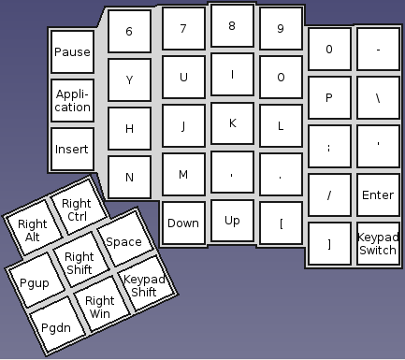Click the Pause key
coord(72,52)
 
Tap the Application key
coord(72,100)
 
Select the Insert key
coord(72,149)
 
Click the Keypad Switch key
coord(378,244)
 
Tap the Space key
coord(123,241)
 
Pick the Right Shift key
coord(80,263)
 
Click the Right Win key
coord(99,307)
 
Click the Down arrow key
coord(183,223)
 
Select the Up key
coord(232,221)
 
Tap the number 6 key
coord(129,31)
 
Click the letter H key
coord(129,129)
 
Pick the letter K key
coord(232,122)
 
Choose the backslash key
coord(378,97)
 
